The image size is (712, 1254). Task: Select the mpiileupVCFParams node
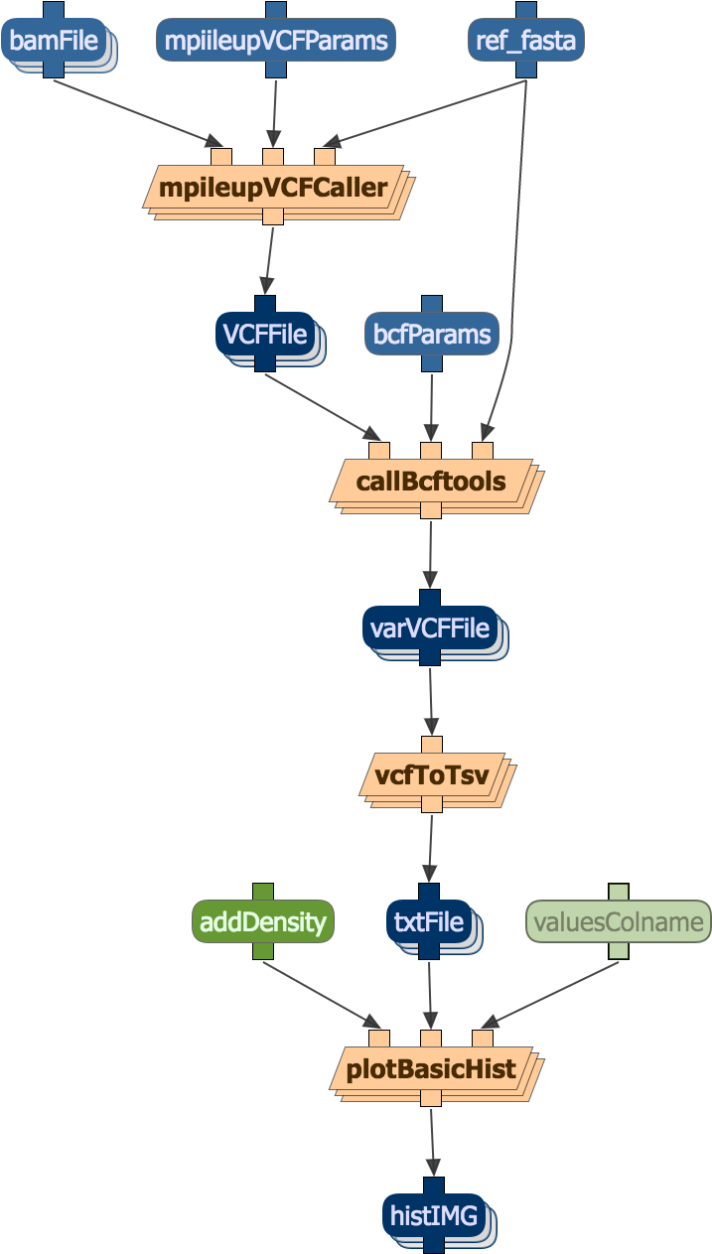pyautogui.click(x=275, y=41)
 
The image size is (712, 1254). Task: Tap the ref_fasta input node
pyautogui.click(x=525, y=41)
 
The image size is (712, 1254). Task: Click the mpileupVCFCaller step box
pyautogui.click(x=273, y=187)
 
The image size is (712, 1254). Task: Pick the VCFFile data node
pyautogui.click(x=264, y=335)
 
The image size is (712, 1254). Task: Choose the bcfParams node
pyautogui.click(x=431, y=335)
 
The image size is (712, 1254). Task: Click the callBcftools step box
pyautogui.click(x=431, y=483)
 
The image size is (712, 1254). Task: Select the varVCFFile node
pyautogui.click(x=429, y=628)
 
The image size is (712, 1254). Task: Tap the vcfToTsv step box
pyautogui.click(x=431, y=775)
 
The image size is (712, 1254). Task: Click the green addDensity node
pyautogui.click(x=263, y=922)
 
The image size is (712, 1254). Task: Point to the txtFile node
pyautogui.click(x=428, y=922)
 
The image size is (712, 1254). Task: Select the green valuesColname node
pyautogui.click(x=618, y=922)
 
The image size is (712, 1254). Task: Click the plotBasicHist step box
pyautogui.click(x=431, y=1069)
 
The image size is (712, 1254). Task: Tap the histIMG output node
pyautogui.click(x=432, y=1216)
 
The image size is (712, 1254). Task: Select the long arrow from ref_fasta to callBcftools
pyautogui.click(x=513, y=298)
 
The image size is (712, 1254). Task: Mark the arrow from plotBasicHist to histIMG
pyautogui.click(x=432, y=1142)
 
